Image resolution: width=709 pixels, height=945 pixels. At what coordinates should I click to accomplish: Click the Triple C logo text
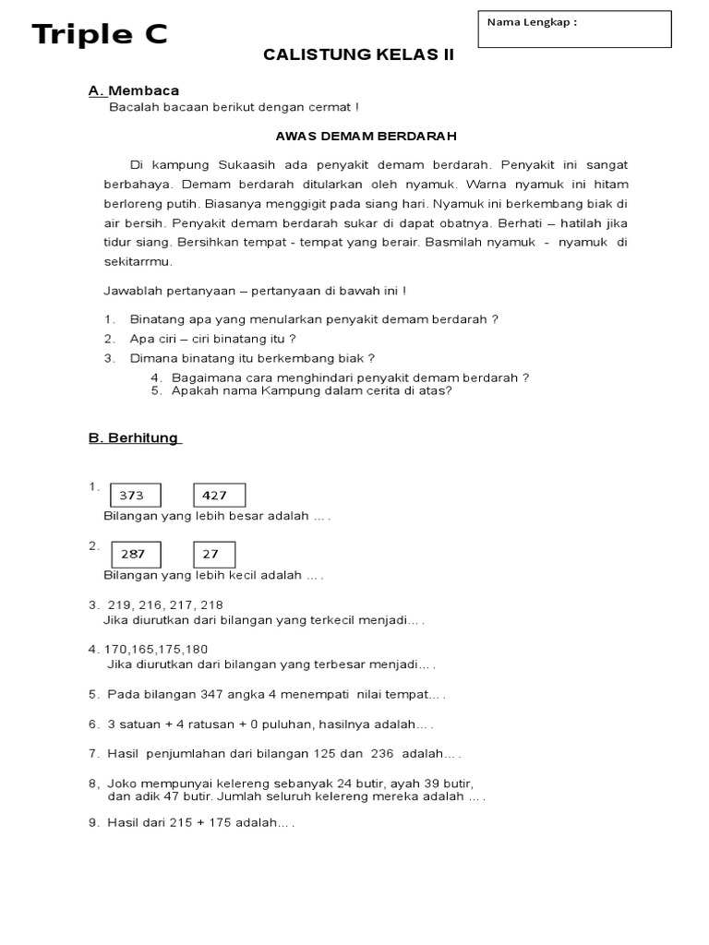point(100,35)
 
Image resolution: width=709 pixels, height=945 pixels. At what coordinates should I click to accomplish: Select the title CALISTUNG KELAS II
point(359,55)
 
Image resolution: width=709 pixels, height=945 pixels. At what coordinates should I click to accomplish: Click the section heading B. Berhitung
point(134,438)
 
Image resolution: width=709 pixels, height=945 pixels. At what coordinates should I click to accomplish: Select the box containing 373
point(135,496)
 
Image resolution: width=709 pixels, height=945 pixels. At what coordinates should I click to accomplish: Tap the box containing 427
point(219,496)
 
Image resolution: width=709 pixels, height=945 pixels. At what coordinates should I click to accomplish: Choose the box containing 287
point(135,555)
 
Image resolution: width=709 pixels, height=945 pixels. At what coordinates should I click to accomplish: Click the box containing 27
point(214,555)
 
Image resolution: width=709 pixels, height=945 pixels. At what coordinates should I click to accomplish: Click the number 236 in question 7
point(382,753)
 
